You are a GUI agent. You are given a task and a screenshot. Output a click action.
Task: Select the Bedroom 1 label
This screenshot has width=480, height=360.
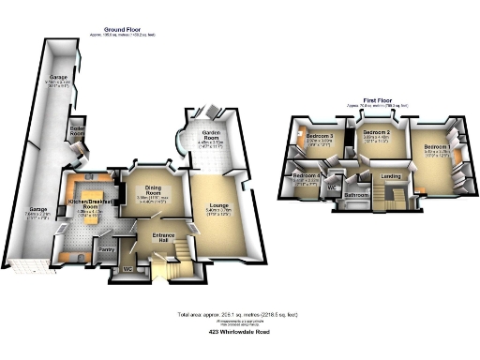435,147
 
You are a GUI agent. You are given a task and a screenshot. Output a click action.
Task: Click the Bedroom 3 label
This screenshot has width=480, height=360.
320,137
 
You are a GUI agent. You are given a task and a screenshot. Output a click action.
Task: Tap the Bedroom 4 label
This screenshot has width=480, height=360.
307,175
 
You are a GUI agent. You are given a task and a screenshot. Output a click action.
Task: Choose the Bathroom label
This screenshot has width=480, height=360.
355,195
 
